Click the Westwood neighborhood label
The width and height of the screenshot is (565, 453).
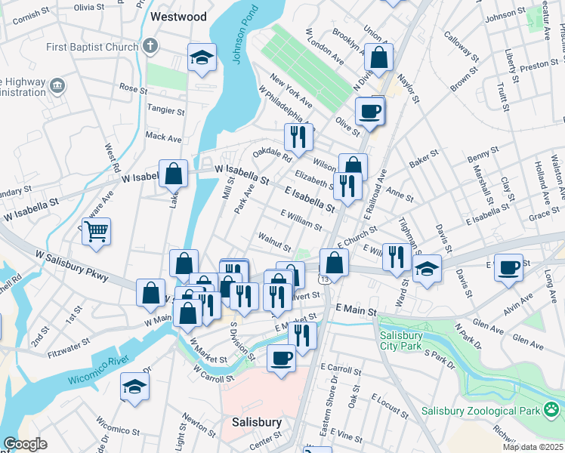179,15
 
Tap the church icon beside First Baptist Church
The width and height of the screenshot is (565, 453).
151,46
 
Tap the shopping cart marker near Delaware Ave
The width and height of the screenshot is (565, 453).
97,231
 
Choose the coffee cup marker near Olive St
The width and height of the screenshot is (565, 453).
369,111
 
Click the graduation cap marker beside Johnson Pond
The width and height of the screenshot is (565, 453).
202,59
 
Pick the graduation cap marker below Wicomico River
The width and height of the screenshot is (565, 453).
135,387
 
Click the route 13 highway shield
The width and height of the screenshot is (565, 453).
323,279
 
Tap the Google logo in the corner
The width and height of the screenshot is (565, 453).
25,444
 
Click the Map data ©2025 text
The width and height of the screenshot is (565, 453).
532,446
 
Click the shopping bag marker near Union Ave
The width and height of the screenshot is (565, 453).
378,57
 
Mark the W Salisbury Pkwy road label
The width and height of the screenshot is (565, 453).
71,267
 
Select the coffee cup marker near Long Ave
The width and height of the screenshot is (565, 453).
508,267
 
